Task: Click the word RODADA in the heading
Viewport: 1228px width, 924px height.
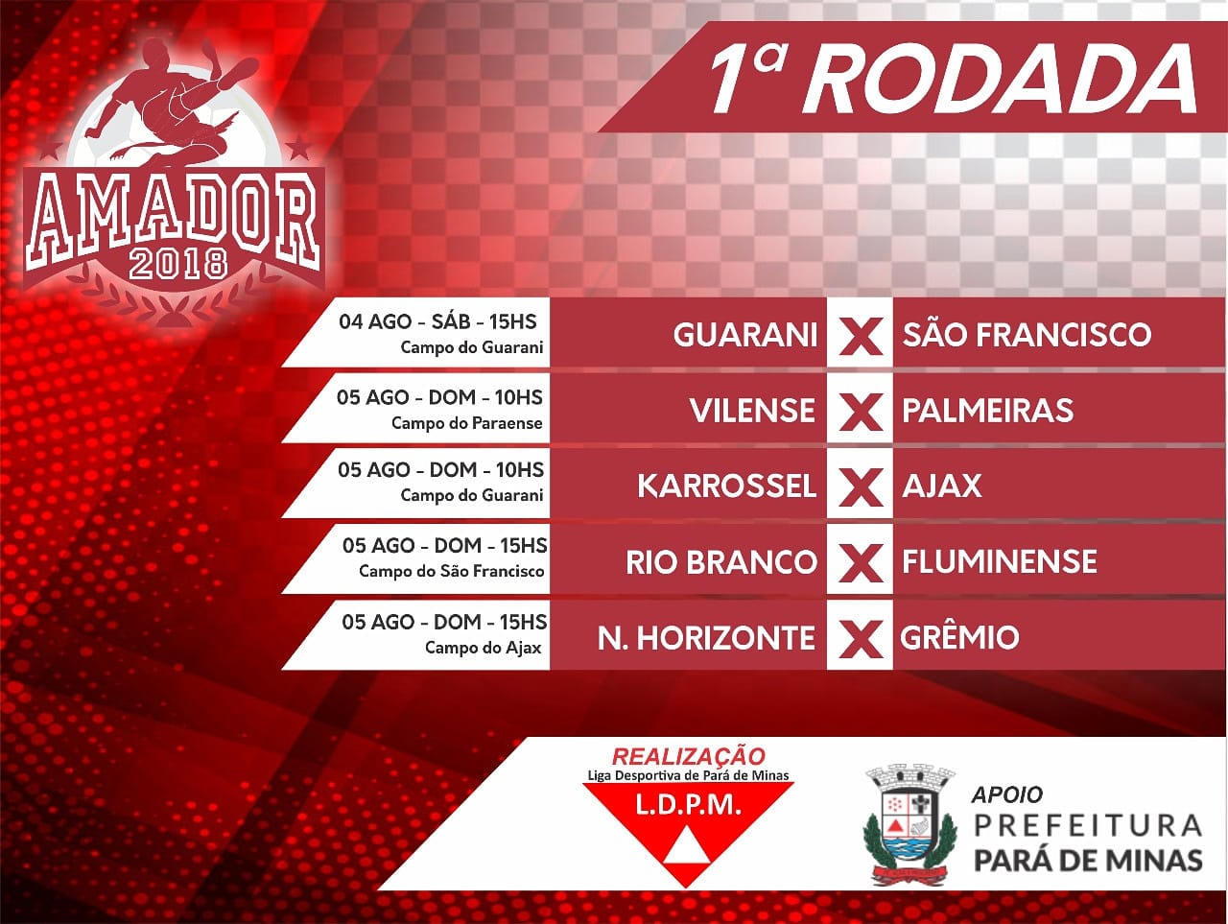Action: click(1000, 79)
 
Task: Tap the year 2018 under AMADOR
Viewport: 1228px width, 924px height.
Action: click(178, 264)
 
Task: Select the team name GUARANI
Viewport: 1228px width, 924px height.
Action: click(745, 335)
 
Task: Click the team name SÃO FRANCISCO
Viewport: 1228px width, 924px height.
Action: click(1027, 335)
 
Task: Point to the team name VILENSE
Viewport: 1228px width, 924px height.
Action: click(752, 411)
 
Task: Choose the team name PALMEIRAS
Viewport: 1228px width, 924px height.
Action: click(988, 411)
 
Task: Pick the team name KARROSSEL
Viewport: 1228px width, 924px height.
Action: click(727, 486)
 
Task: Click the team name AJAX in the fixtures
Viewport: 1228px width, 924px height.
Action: click(942, 486)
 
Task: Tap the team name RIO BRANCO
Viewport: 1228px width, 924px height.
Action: click(721, 562)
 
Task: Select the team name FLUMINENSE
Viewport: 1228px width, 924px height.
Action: click(1000, 561)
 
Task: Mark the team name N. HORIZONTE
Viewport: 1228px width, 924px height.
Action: click(707, 638)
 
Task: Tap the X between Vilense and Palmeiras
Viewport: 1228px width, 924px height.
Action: click(861, 411)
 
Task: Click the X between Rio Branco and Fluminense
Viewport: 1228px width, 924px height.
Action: click(861, 562)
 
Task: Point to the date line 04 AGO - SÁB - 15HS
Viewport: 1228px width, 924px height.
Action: click(437, 321)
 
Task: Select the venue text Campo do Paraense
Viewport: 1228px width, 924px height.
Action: click(467, 423)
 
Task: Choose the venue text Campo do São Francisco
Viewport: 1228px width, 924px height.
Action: click(452, 571)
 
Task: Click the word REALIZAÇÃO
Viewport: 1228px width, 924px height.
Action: click(689, 757)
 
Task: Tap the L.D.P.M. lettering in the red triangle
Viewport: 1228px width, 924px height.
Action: click(688, 805)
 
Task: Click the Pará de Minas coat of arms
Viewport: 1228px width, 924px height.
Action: click(909, 825)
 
